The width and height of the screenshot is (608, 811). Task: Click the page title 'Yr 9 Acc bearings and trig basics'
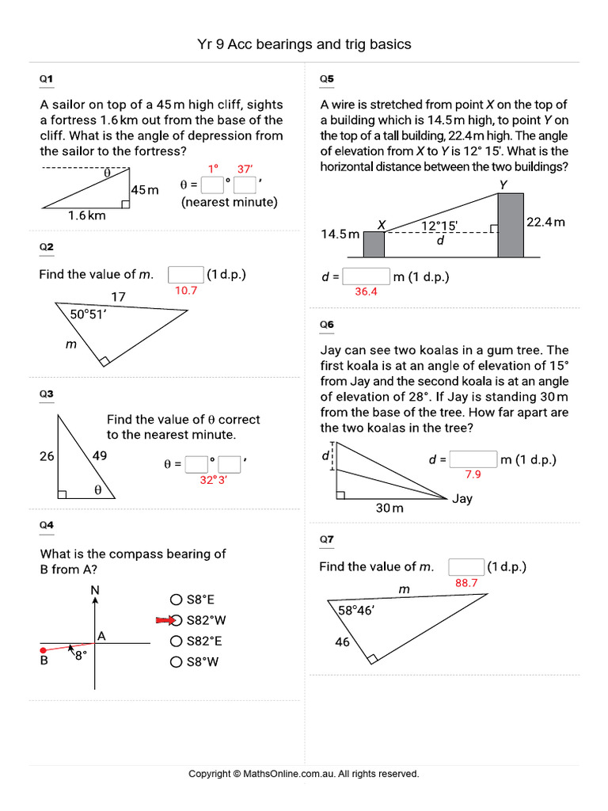click(304, 44)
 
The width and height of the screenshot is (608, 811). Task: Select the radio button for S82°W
click(177, 620)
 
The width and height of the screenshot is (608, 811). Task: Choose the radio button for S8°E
click(177, 600)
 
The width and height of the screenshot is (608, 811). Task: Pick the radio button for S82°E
click(177, 642)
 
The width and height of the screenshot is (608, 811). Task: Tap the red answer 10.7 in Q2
click(185, 291)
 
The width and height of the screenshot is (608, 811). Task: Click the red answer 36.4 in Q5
click(366, 291)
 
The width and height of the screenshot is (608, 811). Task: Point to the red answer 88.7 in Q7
click(466, 583)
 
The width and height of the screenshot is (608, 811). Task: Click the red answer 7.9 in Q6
click(473, 475)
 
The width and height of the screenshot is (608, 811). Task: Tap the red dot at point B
click(44, 650)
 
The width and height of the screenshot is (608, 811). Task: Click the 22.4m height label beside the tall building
click(545, 223)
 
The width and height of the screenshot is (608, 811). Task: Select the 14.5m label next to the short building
click(340, 234)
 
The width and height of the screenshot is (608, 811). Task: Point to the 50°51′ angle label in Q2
click(89, 314)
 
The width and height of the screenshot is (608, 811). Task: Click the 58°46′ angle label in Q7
click(356, 611)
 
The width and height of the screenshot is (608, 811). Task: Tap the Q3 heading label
click(47, 394)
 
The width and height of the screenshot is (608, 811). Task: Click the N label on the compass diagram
click(95, 590)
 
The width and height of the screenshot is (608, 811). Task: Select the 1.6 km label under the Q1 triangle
click(86, 215)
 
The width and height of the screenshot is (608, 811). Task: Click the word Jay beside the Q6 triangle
click(462, 499)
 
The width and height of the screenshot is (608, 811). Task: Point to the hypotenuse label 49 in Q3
click(99, 455)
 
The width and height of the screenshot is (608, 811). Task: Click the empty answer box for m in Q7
click(466, 567)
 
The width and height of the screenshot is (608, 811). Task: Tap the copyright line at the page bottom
click(304, 774)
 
